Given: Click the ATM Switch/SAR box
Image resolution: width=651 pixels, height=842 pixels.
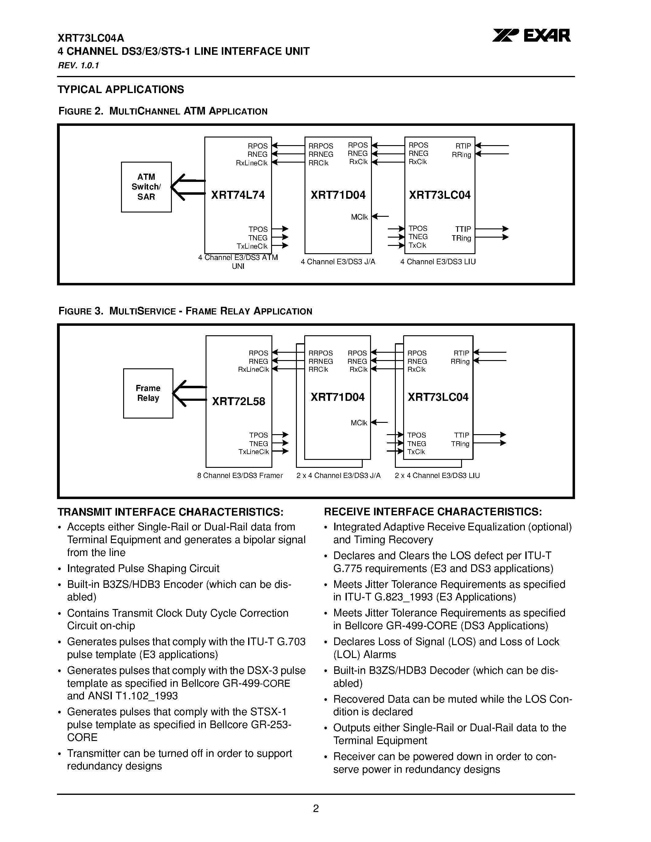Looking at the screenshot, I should [x=146, y=187].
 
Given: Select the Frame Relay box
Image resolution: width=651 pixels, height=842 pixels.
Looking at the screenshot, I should [x=148, y=393].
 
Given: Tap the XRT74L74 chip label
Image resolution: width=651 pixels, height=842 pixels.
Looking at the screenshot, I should [x=238, y=195].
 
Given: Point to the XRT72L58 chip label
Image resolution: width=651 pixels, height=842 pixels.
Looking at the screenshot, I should [x=238, y=402].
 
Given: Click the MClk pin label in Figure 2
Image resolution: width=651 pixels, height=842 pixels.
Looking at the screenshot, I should [x=359, y=217].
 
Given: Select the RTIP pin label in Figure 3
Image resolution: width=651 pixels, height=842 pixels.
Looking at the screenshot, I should [x=461, y=353].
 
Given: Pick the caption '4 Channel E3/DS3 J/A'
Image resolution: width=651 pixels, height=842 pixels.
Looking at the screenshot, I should [x=338, y=262].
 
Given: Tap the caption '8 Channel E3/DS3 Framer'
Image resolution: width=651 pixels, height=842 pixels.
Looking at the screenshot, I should [x=240, y=476].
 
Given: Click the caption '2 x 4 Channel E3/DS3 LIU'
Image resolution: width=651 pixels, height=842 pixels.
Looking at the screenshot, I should [x=437, y=476].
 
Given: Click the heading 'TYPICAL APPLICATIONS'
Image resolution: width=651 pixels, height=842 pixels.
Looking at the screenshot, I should [x=121, y=89].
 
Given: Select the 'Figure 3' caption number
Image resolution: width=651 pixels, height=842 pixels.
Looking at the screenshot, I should [x=80, y=311].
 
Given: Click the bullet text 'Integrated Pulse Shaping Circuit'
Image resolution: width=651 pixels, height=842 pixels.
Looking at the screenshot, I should [x=143, y=569].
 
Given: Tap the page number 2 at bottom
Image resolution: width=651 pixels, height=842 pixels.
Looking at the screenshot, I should [x=316, y=808].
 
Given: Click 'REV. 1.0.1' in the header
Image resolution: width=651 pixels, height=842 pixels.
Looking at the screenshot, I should [x=78, y=66].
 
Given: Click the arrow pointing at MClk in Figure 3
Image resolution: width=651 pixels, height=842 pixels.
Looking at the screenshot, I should [x=380, y=423].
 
